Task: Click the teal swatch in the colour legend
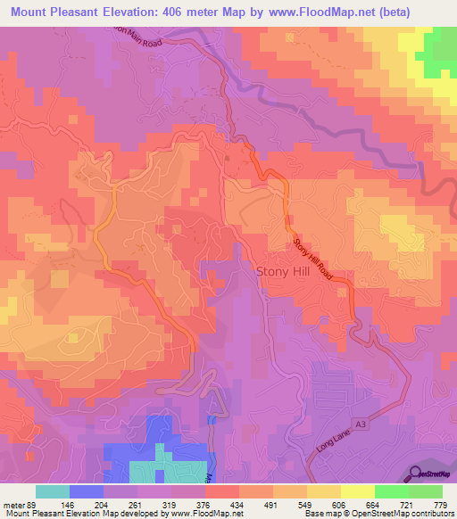click(x=53, y=491)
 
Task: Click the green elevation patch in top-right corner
click(x=440, y=54)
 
